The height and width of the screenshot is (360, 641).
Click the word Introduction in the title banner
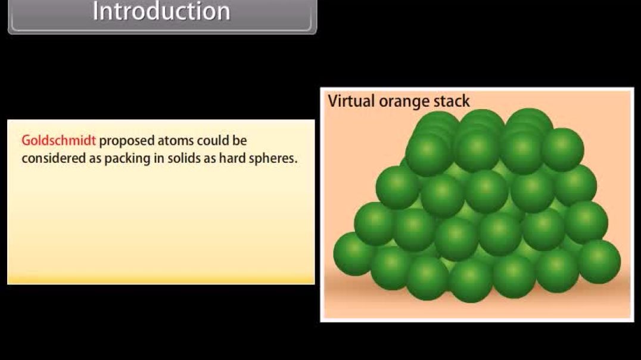[x=161, y=12]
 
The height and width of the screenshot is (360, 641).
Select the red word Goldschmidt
[x=58, y=141]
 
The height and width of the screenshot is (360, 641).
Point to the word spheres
[x=272, y=159]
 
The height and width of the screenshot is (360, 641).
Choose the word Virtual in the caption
[x=351, y=101]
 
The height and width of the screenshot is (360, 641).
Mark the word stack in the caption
[x=451, y=101]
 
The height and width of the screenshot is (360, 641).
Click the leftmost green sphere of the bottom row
[x=354, y=254]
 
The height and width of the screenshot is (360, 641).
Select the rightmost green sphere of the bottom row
[x=599, y=261]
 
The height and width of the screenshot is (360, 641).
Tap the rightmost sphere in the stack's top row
[x=562, y=150]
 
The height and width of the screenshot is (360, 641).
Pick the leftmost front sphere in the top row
[x=428, y=154]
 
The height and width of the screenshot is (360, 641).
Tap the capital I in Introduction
[x=96, y=12]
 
